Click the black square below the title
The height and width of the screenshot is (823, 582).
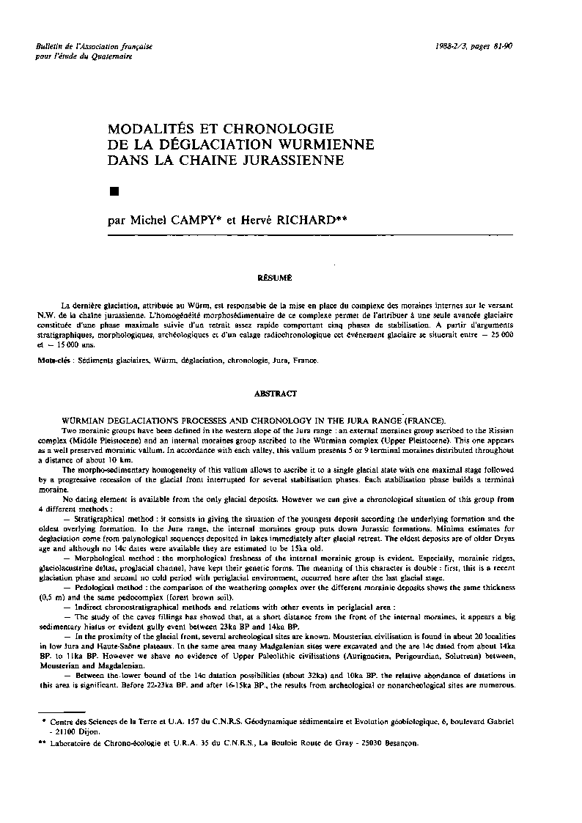click(113, 192)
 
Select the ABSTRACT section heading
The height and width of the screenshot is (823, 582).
click(275, 394)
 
